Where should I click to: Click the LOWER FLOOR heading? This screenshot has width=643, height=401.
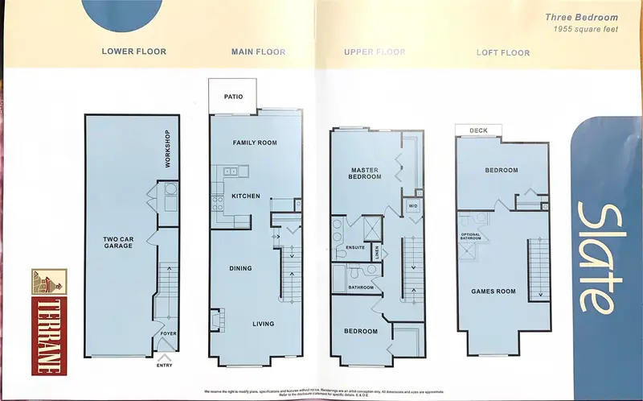tap(133, 52)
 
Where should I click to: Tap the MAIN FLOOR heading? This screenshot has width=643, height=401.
tap(258, 52)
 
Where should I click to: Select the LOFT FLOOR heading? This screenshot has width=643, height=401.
tap(504, 53)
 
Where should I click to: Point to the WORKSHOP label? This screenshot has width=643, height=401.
tap(168, 149)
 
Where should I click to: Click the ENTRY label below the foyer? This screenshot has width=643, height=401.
tap(165, 365)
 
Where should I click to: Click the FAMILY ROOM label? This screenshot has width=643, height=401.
tap(255, 143)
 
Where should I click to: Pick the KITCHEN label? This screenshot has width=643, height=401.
tap(246, 196)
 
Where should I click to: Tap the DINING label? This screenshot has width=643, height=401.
tap(240, 268)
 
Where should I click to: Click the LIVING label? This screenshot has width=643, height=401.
tap(262, 325)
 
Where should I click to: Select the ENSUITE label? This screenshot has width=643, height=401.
tap(355, 247)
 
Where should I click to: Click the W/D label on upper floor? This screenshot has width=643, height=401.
tap(413, 205)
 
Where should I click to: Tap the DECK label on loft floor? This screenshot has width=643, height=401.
tap(478, 130)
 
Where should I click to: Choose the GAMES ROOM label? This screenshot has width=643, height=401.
tap(494, 291)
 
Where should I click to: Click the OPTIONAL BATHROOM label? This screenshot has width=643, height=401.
tap(470, 235)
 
